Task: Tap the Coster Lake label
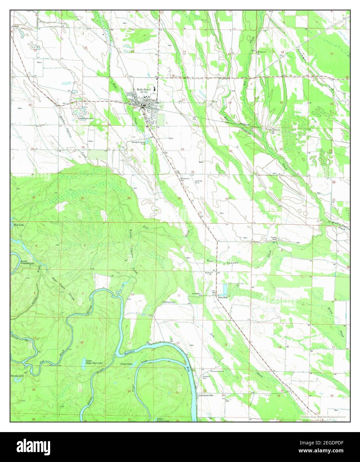[126, 364]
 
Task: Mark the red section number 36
[227, 199]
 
